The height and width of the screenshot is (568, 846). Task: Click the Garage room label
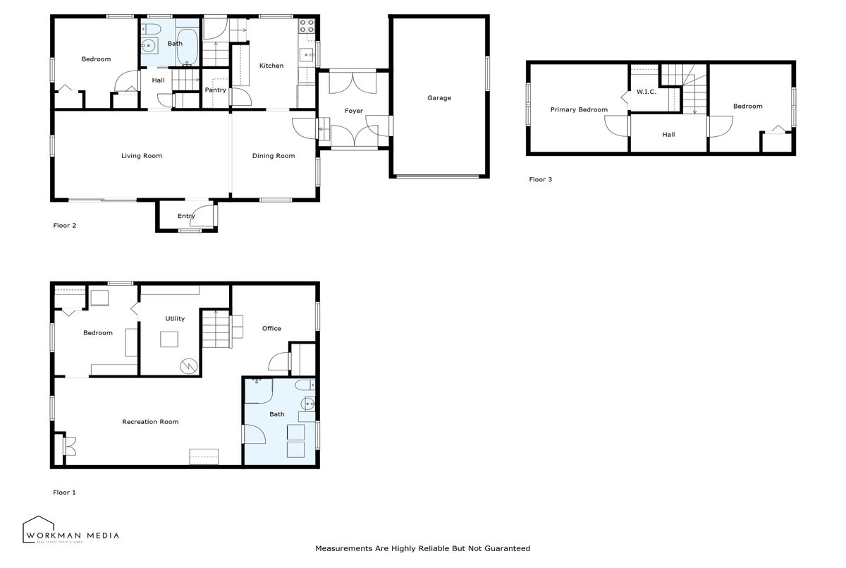(439, 98)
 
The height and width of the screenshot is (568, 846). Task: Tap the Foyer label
(354, 111)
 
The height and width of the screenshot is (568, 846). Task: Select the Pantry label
(215, 90)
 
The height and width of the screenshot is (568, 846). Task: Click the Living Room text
(142, 156)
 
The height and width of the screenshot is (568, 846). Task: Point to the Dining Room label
(274, 156)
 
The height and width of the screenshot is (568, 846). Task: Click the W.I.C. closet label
(646, 92)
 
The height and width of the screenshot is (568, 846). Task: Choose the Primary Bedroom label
(579, 109)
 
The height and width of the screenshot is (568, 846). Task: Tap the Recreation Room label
(150, 422)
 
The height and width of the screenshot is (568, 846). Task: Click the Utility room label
(175, 319)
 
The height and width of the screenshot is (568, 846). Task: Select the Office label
(271, 328)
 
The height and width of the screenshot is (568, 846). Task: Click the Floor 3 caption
(541, 179)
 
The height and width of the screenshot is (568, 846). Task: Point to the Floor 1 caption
(64, 493)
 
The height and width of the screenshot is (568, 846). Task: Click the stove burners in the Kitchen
(307, 25)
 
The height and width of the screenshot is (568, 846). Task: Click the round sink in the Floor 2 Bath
(149, 47)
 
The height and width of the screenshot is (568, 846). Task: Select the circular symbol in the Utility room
(188, 366)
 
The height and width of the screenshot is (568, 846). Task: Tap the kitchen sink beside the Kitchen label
(307, 55)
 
